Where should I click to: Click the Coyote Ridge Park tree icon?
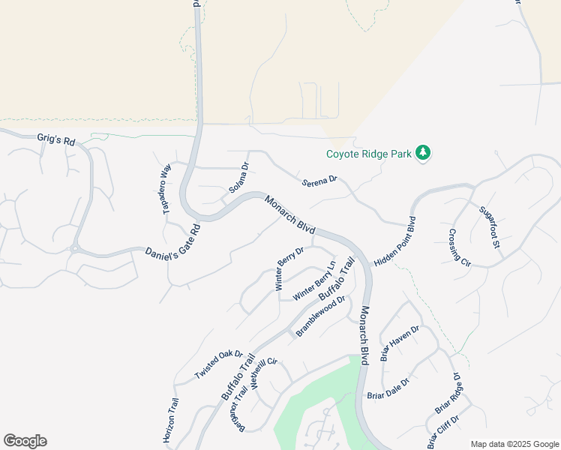pyautogui.click(x=424, y=153)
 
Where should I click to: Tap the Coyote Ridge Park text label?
pyautogui.click(x=369, y=154)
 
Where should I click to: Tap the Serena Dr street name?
pyautogui.click(x=320, y=181)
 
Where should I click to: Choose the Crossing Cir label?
pyautogui.click(x=460, y=248)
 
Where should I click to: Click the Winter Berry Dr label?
pyautogui.click(x=289, y=268)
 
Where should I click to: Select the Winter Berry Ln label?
pyautogui.click(x=314, y=280)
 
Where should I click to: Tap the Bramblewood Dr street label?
pyautogui.click(x=320, y=316)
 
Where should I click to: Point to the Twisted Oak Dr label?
pyautogui.click(x=219, y=364)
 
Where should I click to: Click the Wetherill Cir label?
pyautogui.click(x=265, y=372)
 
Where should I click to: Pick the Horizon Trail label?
pyautogui.click(x=171, y=419)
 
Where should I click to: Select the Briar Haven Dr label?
pyautogui.click(x=399, y=343)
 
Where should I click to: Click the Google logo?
pyautogui.click(x=25, y=441)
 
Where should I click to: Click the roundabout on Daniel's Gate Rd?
pyautogui.click(x=75, y=249)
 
